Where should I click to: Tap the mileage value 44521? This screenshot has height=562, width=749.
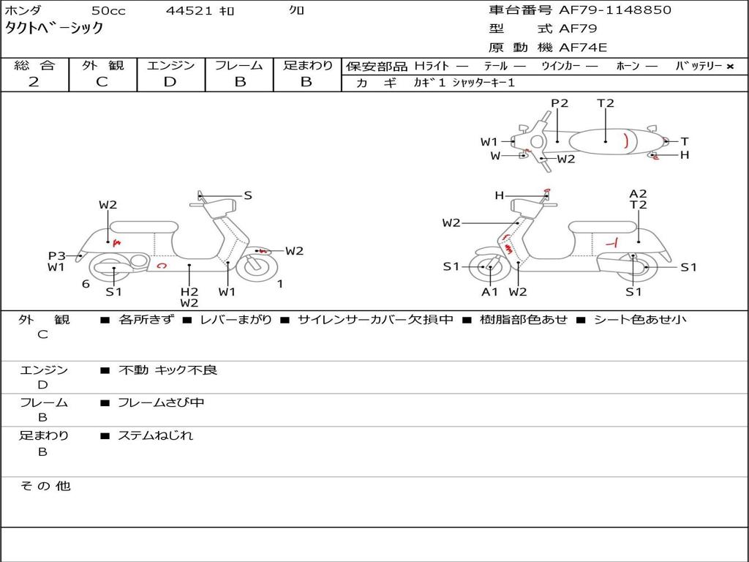189,11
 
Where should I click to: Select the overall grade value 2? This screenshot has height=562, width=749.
34,82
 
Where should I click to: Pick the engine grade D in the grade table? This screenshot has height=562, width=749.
170,82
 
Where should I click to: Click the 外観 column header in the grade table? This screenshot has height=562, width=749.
102,65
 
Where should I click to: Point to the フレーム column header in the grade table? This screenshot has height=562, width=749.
239,65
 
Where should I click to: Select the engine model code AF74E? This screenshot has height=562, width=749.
583,48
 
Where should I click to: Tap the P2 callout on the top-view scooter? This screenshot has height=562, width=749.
560,103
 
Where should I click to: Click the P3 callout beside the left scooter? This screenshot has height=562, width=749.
57,255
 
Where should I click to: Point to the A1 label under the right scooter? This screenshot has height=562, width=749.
489,292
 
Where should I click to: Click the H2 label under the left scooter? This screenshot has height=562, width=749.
189,291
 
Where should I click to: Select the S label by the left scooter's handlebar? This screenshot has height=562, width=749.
248,195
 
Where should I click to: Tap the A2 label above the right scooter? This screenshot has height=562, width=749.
638,194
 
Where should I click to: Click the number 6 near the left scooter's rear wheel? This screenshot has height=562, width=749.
86,284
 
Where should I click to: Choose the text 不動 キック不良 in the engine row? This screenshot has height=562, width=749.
168,370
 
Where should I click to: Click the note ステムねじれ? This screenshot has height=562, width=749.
156,435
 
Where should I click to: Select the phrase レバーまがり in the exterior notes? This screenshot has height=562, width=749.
236,320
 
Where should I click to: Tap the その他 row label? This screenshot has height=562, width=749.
45,486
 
